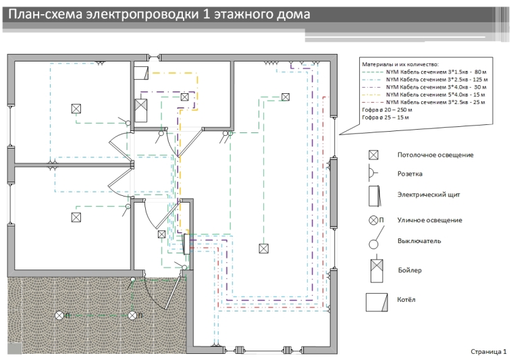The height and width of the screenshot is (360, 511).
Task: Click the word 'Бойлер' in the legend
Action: [410, 270]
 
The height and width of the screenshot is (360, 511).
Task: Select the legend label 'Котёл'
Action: [406, 299]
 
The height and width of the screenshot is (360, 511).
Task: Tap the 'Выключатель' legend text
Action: [419, 241]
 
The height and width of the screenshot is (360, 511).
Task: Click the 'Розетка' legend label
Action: [410, 174]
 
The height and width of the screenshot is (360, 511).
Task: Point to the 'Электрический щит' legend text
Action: [429, 195]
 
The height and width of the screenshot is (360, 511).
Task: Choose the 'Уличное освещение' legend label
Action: [429, 220]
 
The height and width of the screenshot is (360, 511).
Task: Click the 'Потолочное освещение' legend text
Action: [435, 155]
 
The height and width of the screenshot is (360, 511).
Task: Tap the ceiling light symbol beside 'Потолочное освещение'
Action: [373, 155]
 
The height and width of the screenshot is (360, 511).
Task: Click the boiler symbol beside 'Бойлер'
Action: [377, 269]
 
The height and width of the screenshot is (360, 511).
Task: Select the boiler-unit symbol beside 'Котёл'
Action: [377, 303]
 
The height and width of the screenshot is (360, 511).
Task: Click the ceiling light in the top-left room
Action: [76, 109]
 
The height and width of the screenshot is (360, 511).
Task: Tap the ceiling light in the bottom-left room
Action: [76, 217]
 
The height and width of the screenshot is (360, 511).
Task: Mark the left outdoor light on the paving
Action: [59, 315]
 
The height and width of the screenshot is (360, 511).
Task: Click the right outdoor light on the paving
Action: [132, 315]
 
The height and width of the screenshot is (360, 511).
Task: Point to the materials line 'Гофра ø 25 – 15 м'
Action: [385, 118]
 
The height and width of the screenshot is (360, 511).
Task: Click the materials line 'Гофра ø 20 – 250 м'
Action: [387, 110]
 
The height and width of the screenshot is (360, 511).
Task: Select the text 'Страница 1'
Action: [489, 351]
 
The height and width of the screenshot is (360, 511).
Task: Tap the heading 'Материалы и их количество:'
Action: [400, 64]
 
